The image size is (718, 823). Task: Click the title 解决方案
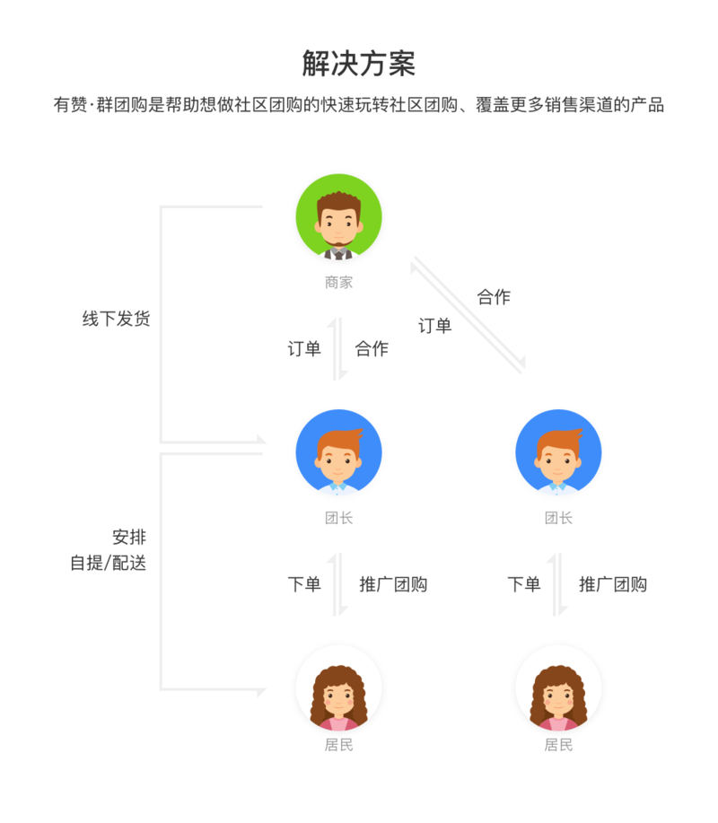[x=358, y=64]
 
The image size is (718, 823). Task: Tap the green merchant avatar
[x=338, y=217]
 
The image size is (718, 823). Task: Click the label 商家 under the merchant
[x=338, y=283]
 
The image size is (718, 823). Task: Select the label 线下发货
[x=116, y=319]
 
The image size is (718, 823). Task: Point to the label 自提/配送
[x=108, y=564]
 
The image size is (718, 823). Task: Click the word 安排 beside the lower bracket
[x=129, y=537]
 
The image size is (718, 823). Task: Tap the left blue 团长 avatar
[x=338, y=452]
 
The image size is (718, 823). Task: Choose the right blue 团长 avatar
[x=558, y=452]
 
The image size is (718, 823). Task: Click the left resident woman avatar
[x=338, y=688]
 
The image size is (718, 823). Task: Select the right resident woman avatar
[x=558, y=688]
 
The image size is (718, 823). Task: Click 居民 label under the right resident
[x=558, y=745]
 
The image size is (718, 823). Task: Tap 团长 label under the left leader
[x=338, y=518]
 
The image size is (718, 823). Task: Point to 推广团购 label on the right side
[x=613, y=584]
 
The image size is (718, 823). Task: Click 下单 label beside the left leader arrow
[x=304, y=584]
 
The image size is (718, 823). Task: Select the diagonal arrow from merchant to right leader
[x=468, y=315]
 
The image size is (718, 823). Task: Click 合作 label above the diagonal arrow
[x=494, y=297]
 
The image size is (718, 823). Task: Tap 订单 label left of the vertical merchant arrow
[x=304, y=348]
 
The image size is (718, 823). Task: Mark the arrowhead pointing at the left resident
[x=261, y=691]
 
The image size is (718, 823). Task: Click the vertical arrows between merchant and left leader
[x=338, y=348]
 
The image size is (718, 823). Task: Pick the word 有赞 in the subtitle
[x=70, y=104]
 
